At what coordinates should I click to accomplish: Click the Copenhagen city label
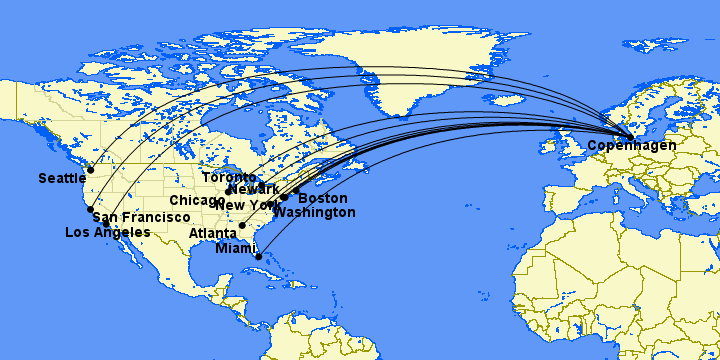(631, 146)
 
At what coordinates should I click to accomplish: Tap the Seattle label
(63, 179)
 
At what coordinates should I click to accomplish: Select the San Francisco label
(140, 217)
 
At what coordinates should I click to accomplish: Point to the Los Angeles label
(107, 232)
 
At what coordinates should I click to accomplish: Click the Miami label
(236, 248)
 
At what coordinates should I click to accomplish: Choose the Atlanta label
(213, 234)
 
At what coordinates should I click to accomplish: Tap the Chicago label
(197, 201)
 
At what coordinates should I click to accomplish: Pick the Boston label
(323, 199)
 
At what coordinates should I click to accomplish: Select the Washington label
(314, 213)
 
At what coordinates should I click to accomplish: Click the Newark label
(253, 190)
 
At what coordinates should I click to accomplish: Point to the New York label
(244, 205)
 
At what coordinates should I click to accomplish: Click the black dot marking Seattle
(90, 170)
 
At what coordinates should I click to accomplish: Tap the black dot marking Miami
(259, 257)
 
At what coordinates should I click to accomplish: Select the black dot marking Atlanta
(242, 226)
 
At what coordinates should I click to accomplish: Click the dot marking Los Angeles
(106, 224)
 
